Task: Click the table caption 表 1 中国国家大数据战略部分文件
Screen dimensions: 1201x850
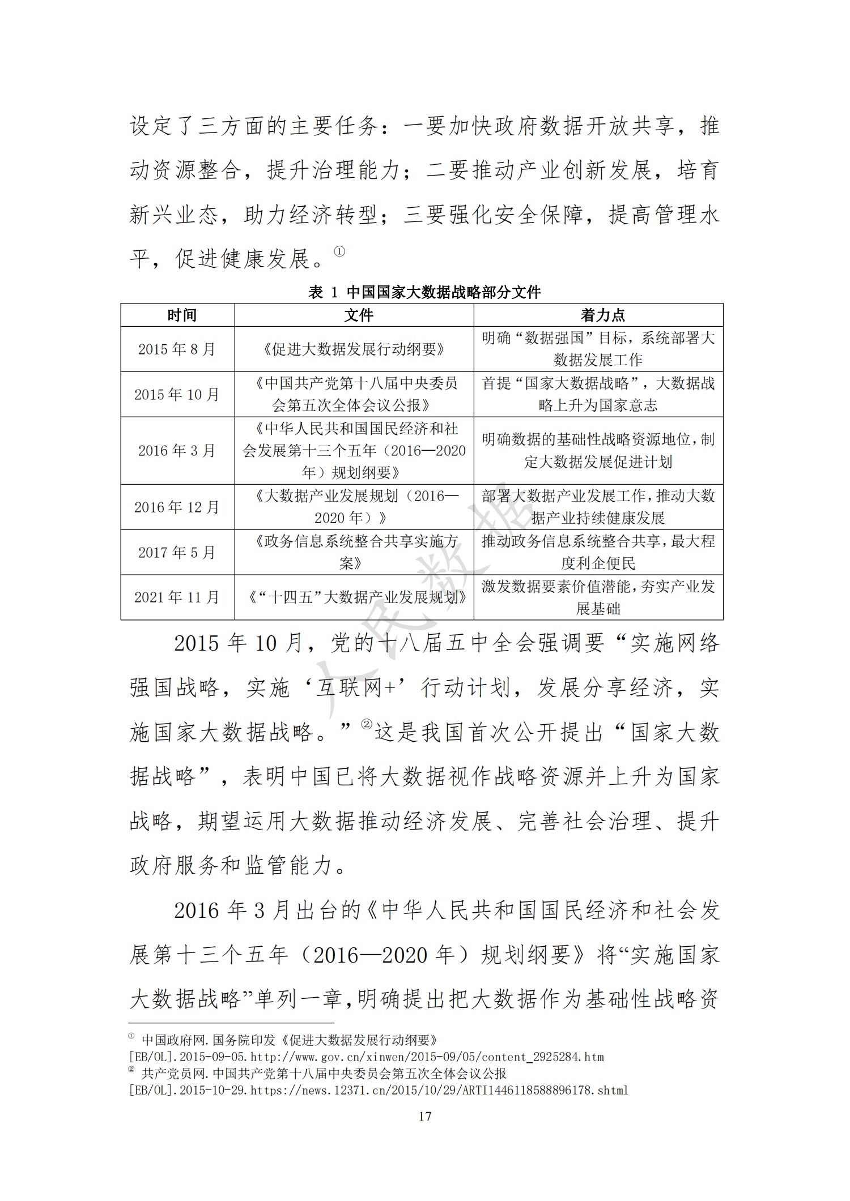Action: tap(424, 292)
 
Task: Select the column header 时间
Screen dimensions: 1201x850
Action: tap(182, 315)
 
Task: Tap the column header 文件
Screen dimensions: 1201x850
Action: tap(358, 315)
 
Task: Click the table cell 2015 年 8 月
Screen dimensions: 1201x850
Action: tap(177, 349)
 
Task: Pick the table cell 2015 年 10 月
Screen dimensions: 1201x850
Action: tap(177, 395)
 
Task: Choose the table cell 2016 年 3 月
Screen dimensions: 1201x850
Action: tap(177, 451)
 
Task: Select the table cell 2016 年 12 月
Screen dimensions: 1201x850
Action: tap(177, 507)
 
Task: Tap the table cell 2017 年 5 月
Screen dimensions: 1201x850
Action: tap(177, 552)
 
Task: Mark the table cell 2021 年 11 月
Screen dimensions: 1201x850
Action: tap(177, 597)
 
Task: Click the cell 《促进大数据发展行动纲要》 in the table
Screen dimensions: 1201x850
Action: tap(354, 349)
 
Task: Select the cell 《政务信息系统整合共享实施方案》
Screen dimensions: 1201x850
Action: tap(354, 552)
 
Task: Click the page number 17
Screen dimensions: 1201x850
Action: tap(424, 1116)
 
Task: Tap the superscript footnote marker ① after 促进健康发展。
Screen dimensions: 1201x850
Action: tap(339, 251)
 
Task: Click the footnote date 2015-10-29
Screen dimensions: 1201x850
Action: tap(212, 1090)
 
